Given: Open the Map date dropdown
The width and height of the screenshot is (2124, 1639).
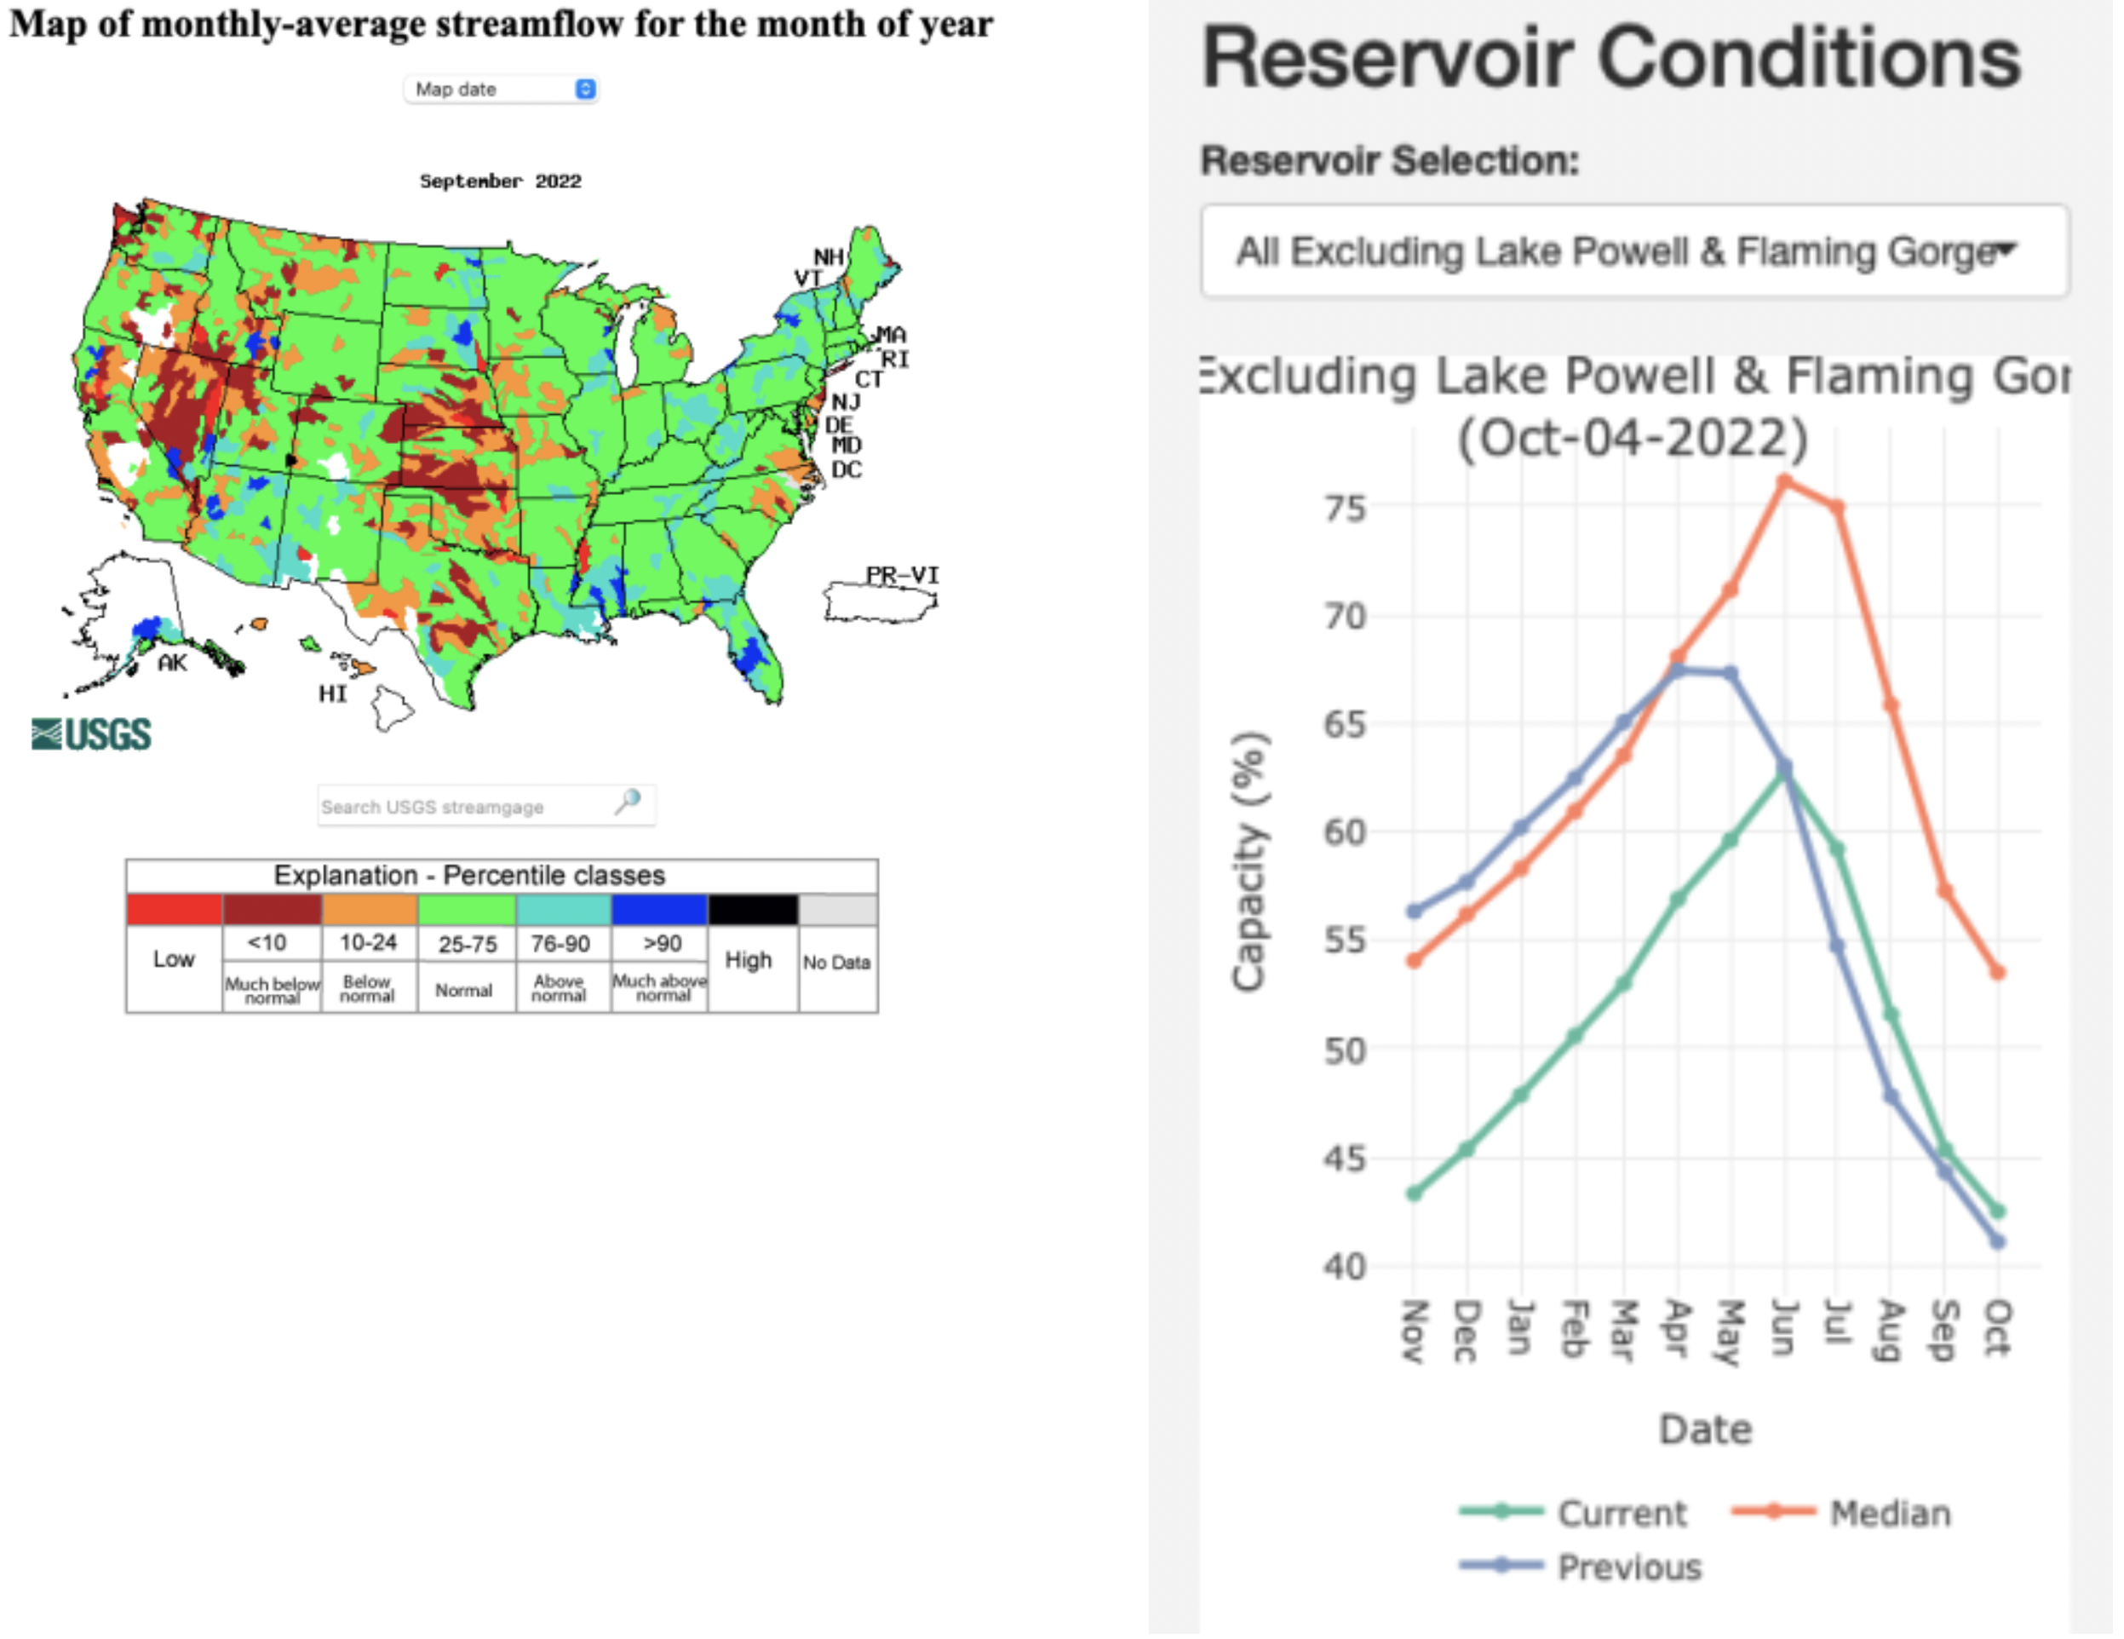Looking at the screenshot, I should click(501, 89).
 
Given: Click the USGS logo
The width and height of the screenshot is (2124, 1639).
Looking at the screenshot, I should click(91, 734).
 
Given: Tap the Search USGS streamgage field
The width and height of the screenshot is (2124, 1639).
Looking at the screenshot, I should click(467, 807).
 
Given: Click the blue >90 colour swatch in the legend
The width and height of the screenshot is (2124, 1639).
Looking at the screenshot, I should click(659, 910).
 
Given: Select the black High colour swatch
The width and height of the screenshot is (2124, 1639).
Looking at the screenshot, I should click(753, 910).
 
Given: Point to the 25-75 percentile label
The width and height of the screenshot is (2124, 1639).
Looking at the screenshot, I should click(467, 944).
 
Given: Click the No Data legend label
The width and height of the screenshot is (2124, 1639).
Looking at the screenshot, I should click(836, 962).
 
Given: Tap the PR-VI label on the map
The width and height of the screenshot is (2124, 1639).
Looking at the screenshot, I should click(903, 575).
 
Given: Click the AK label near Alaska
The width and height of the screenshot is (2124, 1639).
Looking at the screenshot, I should click(172, 664).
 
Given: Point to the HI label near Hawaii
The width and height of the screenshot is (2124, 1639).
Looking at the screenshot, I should click(333, 693).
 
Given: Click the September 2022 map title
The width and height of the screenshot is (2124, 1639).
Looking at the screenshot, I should click(500, 181).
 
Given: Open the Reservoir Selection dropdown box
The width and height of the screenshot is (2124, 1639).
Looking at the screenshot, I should click(1633, 251).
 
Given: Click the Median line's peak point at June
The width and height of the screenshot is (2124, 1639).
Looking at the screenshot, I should click(1784, 480).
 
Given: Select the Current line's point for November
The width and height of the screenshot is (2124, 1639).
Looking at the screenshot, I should click(1414, 1193).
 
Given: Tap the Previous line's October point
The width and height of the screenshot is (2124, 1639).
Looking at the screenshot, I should click(1998, 1242).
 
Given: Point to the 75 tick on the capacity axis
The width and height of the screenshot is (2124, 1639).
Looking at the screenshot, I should click(1345, 508).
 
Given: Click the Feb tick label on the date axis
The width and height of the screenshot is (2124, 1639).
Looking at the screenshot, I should click(1573, 1329).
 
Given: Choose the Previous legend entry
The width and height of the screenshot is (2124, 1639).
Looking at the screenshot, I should click(1628, 1567).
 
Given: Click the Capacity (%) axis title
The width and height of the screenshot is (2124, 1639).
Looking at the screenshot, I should click(1249, 861).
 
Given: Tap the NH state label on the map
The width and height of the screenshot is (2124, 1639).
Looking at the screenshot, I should click(829, 256).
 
